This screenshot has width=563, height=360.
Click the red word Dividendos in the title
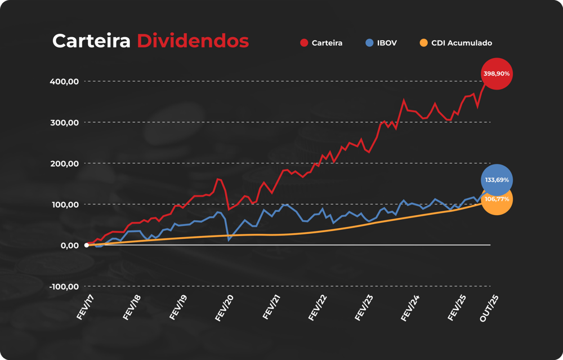[x=193, y=41]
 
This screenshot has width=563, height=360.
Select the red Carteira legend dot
[x=304, y=43]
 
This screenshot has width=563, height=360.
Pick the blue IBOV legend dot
[x=369, y=43]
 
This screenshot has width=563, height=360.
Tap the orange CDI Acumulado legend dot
[x=424, y=43]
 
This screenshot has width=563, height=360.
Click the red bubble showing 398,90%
[x=497, y=74]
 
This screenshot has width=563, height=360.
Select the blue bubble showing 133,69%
[x=497, y=180]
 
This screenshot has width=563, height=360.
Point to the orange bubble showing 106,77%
[x=497, y=199]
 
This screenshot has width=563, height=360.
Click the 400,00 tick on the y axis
[x=64, y=82]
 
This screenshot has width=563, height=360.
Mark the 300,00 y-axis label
[x=64, y=123]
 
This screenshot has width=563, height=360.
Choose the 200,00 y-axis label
[x=64, y=164]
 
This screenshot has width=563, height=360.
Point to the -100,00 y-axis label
[x=63, y=287]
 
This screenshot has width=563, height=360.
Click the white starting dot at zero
[x=86, y=245]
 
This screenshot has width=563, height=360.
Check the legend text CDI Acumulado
[x=462, y=43]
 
